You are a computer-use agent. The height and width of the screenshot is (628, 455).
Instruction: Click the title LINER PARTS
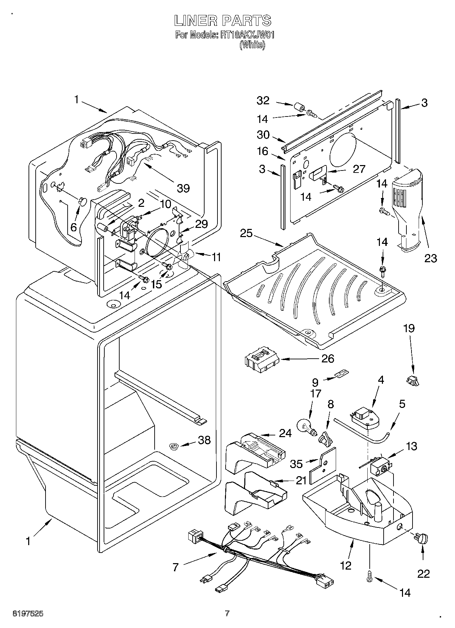click(x=223, y=20)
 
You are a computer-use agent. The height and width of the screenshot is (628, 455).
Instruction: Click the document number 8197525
click(x=28, y=613)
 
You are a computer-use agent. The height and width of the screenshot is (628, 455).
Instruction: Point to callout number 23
click(x=430, y=258)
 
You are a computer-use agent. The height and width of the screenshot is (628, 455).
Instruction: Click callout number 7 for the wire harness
click(x=175, y=567)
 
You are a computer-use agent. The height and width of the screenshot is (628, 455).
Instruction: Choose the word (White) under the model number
click(x=252, y=45)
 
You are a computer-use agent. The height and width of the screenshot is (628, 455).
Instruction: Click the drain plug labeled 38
click(x=174, y=446)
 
